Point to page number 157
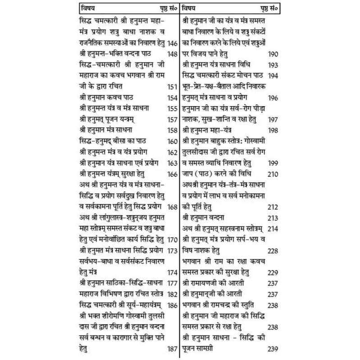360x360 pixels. tap(172, 120)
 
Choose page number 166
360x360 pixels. tap(172, 174)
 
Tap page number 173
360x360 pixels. tap(172, 250)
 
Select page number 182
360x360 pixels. tap(172, 294)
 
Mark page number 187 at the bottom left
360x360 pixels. tap(172, 349)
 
